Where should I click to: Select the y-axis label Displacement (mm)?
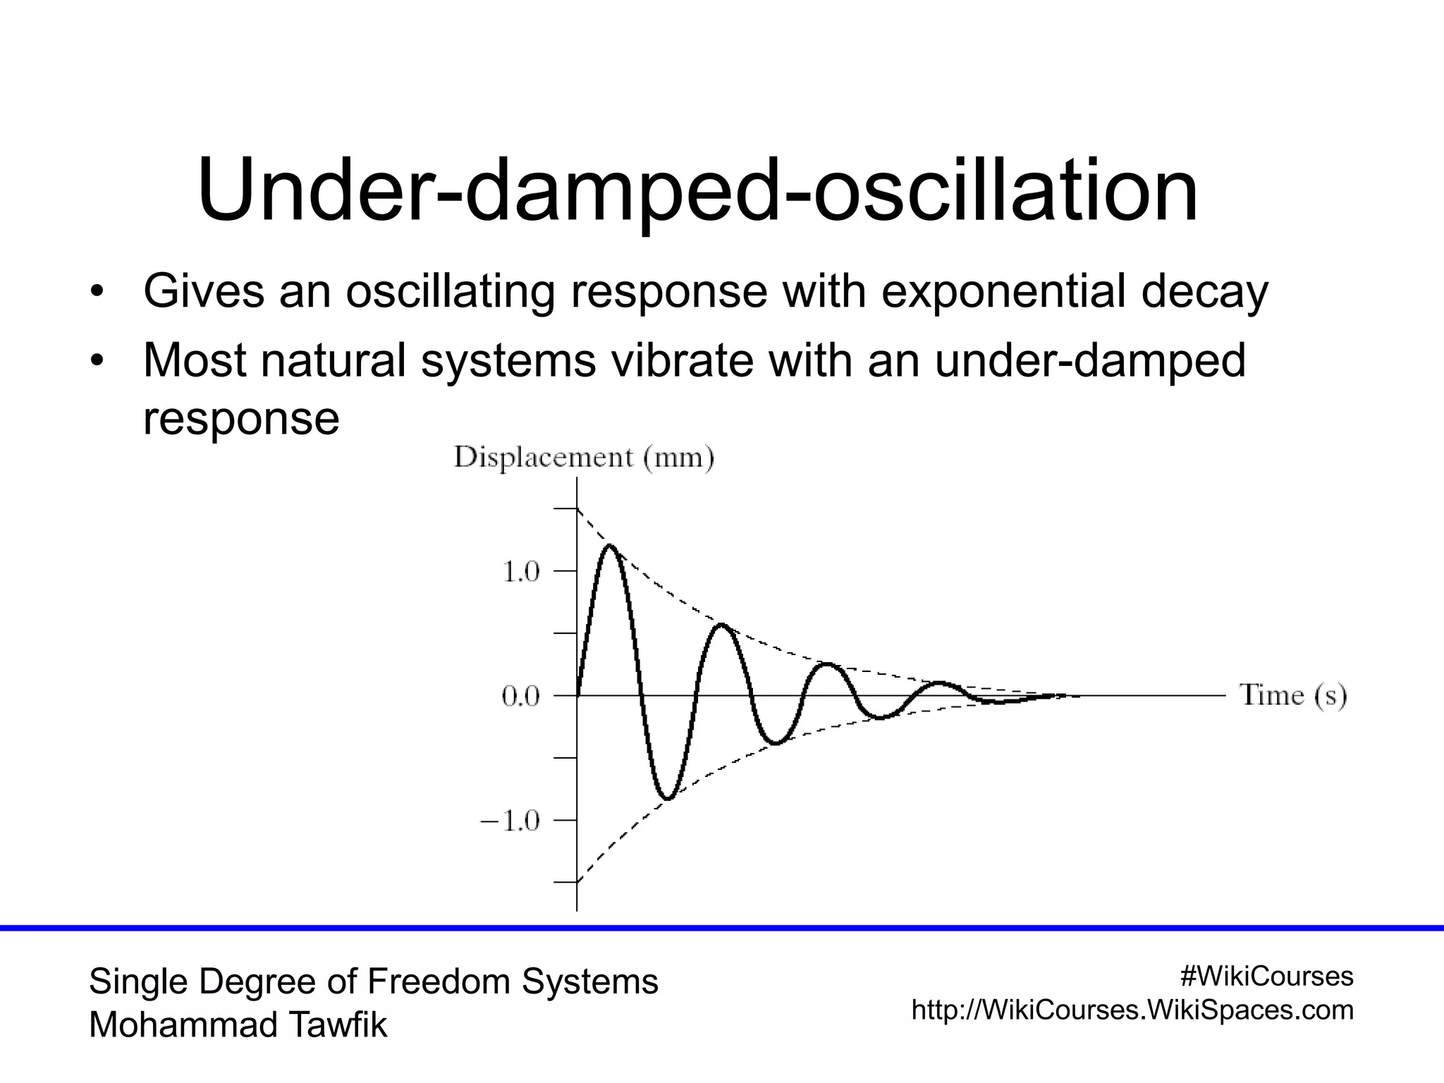tap(584, 458)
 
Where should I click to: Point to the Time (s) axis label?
tap(1293, 695)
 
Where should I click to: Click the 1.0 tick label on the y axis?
tap(520, 571)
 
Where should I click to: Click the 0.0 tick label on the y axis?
tap(520, 697)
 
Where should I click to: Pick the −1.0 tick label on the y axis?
tap(510, 821)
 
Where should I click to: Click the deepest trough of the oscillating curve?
tap(668, 798)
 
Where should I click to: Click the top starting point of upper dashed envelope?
tap(578, 508)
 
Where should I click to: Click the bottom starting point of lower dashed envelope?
tap(578, 881)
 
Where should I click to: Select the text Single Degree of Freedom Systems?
tap(373, 981)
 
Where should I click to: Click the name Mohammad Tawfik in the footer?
tap(238, 1024)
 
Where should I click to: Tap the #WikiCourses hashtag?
tap(1266, 977)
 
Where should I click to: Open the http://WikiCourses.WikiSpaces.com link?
tap(1132, 1010)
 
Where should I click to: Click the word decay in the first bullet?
tap(1204, 291)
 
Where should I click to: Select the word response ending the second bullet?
tap(241, 419)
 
